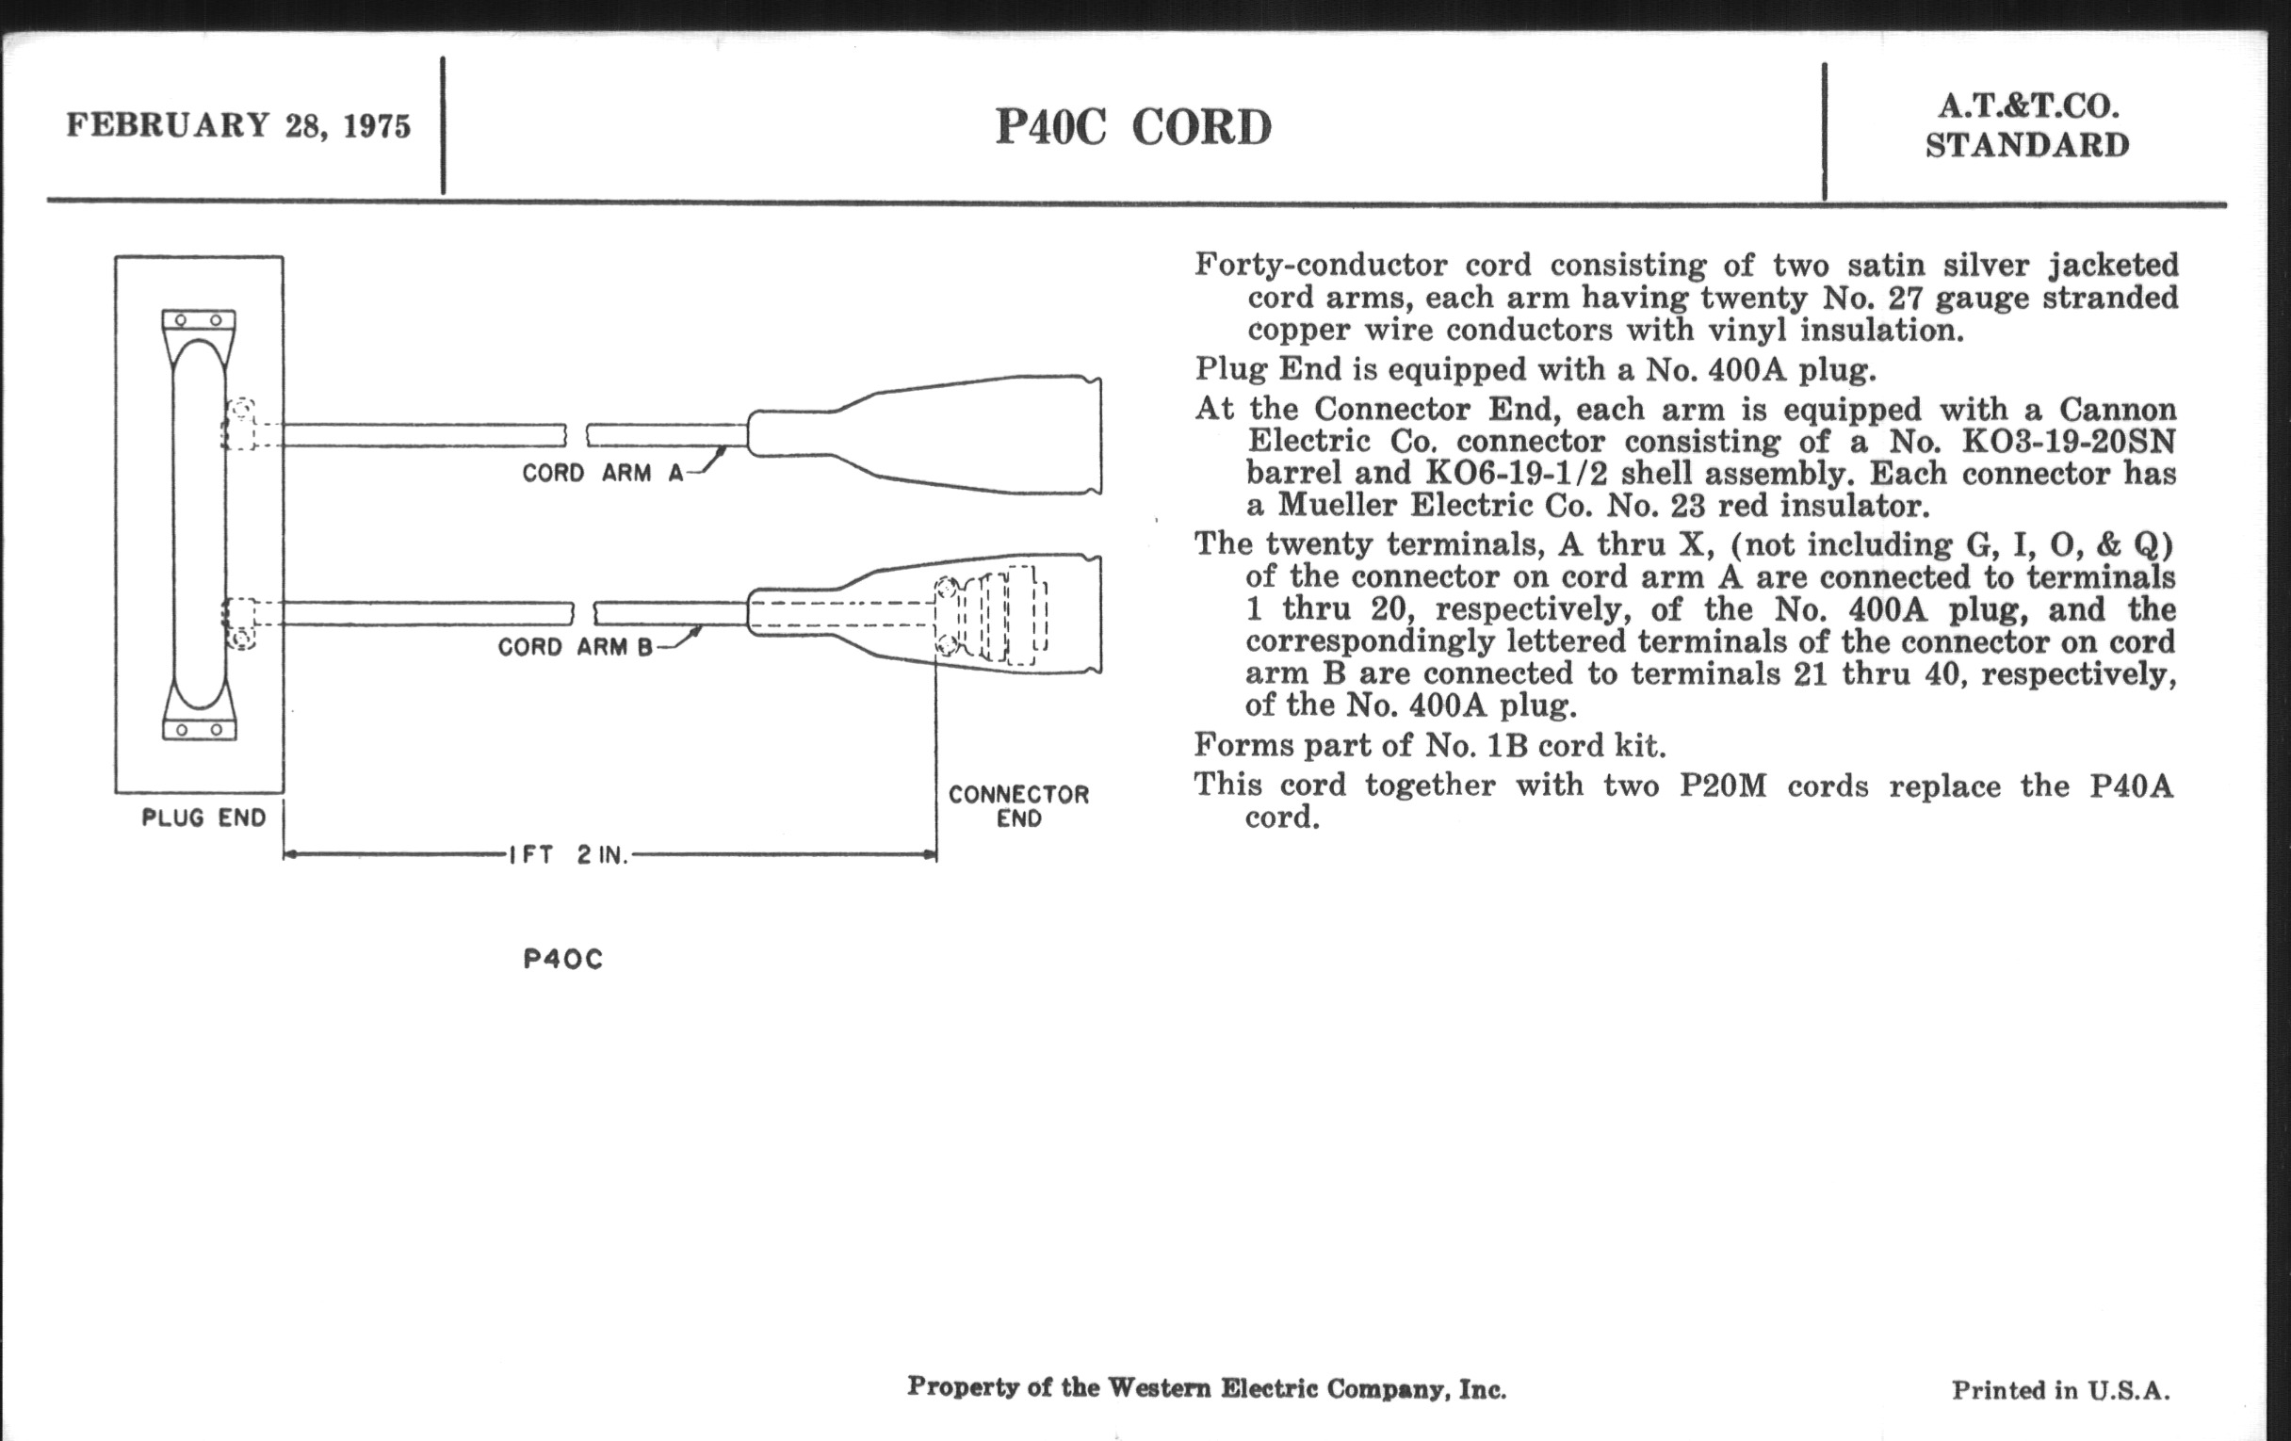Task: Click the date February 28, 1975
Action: click(x=237, y=125)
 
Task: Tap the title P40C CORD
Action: click(x=1132, y=127)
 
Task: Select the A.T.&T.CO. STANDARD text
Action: click(x=2026, y=126)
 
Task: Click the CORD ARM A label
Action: click(x=602, y=473)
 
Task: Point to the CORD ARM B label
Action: click(x=576, y=647)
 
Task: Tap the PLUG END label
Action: click(x=203, y=818)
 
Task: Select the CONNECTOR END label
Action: click(x=1018, y=805)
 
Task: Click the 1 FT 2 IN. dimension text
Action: click(x=569, y=855)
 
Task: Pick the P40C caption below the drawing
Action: click(x=563, y=959)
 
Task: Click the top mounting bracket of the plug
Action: click(x=199, y=320)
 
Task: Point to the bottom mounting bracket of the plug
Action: click(x=200, y=729)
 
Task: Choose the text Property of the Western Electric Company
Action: click(x=1207, y=1387)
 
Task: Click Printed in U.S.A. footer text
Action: click(x=2061, y=1390)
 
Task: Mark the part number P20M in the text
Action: click(x=1722, y=786)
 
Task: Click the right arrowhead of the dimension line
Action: click(x=930, y=855)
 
